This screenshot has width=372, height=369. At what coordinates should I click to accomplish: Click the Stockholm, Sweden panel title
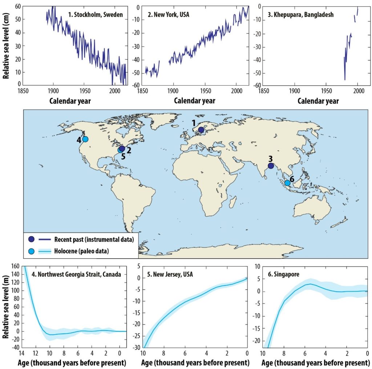96,15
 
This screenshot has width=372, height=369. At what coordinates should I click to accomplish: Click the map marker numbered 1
201,130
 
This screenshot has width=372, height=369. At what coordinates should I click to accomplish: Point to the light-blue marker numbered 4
85,139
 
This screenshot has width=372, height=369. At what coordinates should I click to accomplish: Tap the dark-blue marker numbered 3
271,166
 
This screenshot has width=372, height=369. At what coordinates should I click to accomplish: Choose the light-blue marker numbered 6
287,183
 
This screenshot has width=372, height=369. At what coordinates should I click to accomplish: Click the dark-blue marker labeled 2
122,148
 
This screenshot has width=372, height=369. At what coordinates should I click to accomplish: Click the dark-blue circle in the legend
32,239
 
